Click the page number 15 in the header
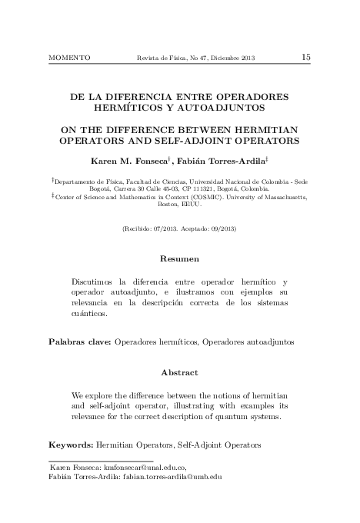(x=305, y=57)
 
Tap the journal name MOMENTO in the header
(x=69, y=58)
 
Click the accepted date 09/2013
(x=220, y=230)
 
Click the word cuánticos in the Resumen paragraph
(x=89, y=314)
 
